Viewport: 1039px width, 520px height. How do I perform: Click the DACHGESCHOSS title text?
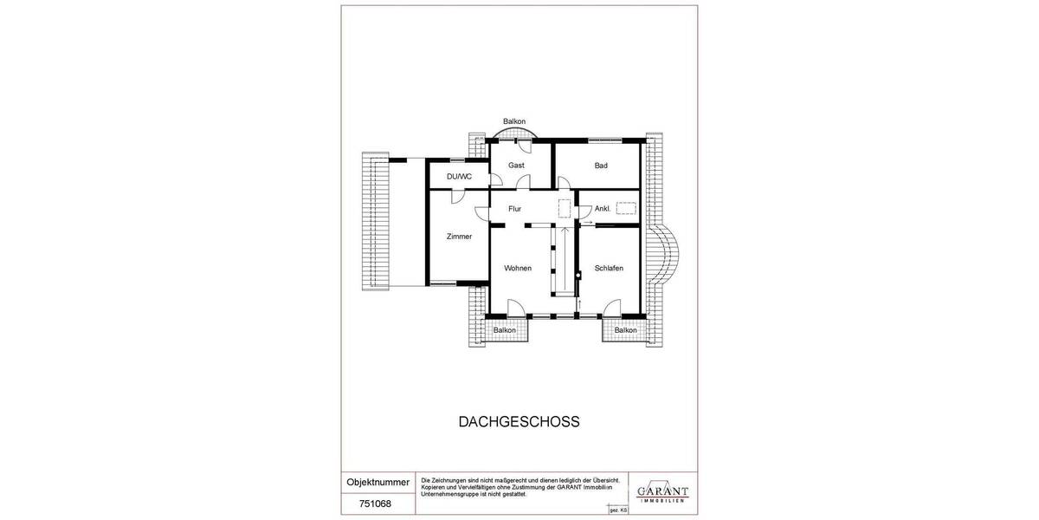[x=518, y=422]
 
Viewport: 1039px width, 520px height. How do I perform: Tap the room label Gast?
[x=516, y=165]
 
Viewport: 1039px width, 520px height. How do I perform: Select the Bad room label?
[x=601, y=165]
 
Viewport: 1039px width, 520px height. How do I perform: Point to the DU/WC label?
[x=459, y=177]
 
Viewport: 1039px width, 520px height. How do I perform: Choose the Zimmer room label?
[x=459, y=237]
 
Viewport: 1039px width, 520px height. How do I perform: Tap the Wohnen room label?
[x=518, y=268]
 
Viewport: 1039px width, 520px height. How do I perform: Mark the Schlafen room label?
[x=609, y=268]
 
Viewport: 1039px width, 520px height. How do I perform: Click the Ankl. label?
[x=603, y=209]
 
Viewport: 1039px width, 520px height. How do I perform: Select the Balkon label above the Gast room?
[x=514, y=121]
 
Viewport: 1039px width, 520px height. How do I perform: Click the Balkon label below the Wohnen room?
[x=504, y=330]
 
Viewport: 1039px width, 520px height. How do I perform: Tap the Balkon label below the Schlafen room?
[x=625, y=330]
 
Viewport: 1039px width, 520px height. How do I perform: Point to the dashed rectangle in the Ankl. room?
[x=626, y=208]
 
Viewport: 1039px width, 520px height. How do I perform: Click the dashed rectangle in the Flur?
[x=565, y=208]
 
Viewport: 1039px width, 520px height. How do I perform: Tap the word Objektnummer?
[x=378, y=481]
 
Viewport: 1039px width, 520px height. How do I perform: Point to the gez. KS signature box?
[x=618, y=510]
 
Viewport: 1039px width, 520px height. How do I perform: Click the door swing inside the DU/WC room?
[x=496, y=180]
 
